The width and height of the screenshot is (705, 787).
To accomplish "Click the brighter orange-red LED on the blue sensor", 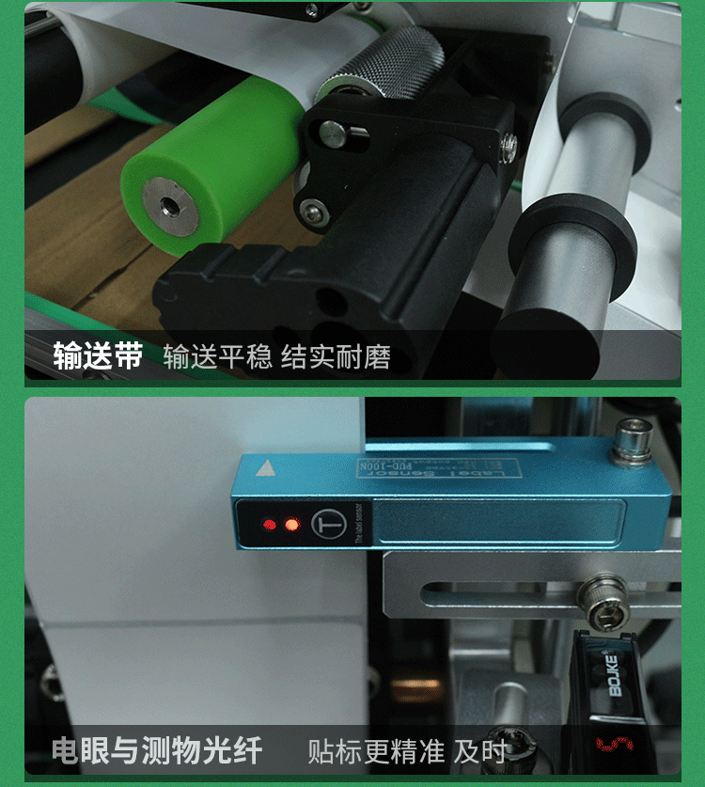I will [291, 524].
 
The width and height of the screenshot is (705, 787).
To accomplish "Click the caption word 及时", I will [480, 751].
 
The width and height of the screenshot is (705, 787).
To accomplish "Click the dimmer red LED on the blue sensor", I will [270, 524].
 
